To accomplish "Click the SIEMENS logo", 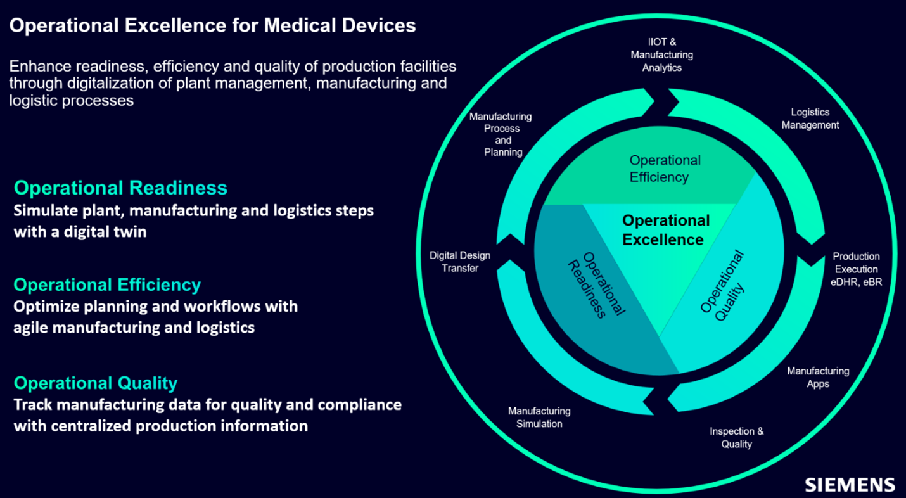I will tap(850, 485).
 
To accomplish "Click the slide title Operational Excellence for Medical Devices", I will tap(212, 25).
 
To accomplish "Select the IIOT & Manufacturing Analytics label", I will tap(661, 55).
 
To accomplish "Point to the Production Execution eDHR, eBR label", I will tap(856, 269).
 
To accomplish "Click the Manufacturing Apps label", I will tap(818, 377).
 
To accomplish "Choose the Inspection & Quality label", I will tap(736, 438).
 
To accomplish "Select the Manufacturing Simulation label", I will tap(539, 418).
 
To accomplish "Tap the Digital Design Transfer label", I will tap(460, 262).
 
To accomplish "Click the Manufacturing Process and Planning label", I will tap(501, 134).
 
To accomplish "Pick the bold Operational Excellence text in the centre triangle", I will tap(665, 230).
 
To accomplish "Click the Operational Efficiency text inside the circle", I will tap(664, 169).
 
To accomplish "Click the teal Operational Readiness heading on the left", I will tap(120, 188).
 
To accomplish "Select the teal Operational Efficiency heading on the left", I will tap(107, 284).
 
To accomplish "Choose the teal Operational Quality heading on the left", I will tap(96, 383).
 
